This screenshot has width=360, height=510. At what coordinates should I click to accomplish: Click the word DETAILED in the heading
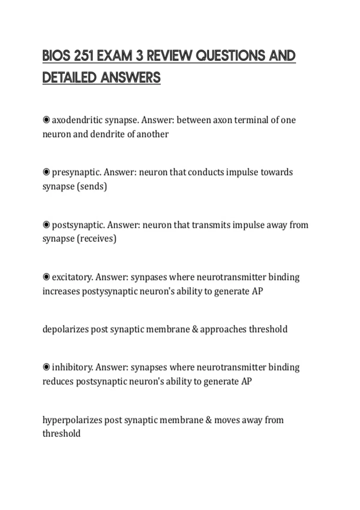tap(69, 78)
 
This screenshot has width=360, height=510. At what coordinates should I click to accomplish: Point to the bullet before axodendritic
tap(46, 120)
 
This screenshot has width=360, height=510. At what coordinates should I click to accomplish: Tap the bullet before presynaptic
tap(46, 172)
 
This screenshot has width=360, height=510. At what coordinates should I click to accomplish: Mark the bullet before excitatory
tap(46, 277)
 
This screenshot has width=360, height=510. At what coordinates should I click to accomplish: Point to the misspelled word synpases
tap(149, 277)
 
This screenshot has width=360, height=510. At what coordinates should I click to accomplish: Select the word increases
tap(61, 291)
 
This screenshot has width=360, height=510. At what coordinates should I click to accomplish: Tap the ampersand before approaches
tap(195, 329)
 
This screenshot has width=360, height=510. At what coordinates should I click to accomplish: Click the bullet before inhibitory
tap(46, 367)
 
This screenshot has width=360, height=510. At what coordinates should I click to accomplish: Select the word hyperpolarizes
tap(72, 420)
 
